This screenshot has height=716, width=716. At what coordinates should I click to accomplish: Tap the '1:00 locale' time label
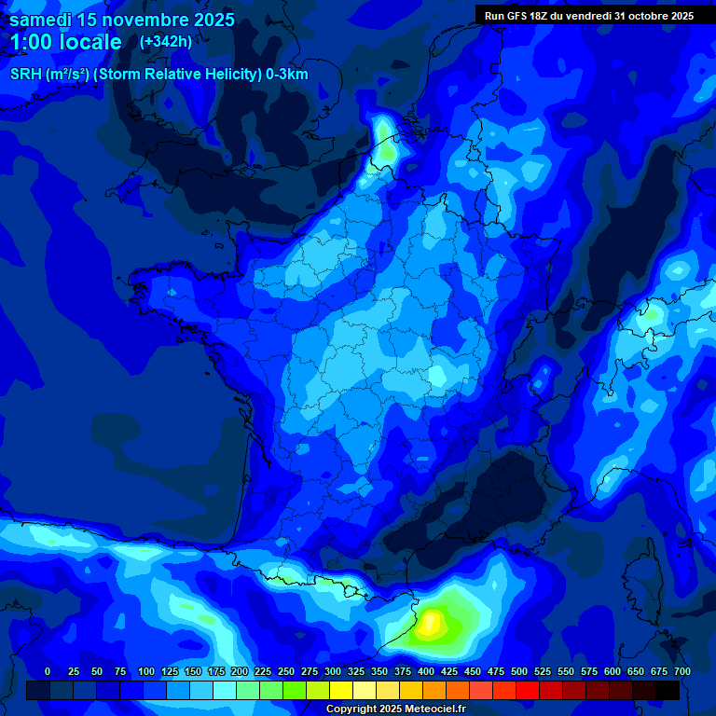(66, 42)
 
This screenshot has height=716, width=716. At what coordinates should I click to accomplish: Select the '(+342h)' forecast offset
(165, 41)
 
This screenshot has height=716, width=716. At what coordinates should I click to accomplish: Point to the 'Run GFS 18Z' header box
(588, 15)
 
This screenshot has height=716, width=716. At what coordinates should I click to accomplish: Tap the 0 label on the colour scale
(48, 671)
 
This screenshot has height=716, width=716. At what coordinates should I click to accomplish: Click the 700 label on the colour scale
(682, 671)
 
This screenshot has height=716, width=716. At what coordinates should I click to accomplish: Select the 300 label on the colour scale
(333, 671)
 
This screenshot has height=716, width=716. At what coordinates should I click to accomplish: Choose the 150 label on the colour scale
(193, 671)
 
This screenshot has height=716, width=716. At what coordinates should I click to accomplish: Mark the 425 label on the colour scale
(449, 671)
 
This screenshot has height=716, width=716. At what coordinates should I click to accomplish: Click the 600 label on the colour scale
(613, 671)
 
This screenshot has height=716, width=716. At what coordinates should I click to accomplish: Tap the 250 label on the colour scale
(286, 671)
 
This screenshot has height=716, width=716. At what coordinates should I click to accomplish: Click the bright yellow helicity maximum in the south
(432, 622)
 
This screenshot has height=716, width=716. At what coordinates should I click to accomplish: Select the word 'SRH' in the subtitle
(25, 75)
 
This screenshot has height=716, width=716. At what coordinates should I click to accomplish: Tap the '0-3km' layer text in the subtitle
(286, 75)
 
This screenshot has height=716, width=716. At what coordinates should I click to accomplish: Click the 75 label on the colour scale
(119, 671)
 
